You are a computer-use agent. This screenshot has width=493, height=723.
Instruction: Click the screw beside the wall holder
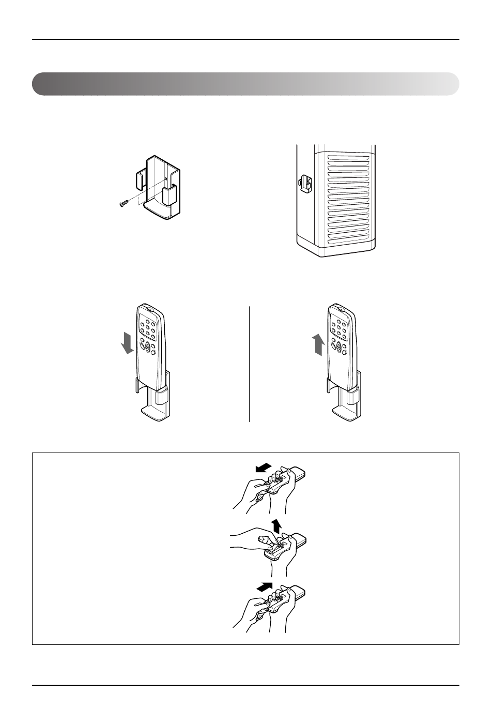pos(124,203)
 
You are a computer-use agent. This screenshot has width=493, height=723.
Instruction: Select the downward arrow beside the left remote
pos(126,343)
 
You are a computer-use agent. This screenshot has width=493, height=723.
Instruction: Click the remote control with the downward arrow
pos(150,346)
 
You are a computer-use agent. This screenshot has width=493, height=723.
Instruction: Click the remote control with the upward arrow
pos(342,346)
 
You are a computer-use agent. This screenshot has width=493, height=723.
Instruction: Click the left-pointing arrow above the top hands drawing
pos(263,468)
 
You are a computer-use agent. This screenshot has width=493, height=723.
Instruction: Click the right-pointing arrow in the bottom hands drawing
pos(264,587)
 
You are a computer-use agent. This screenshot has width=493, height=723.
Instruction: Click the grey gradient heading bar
pos(245,84)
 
